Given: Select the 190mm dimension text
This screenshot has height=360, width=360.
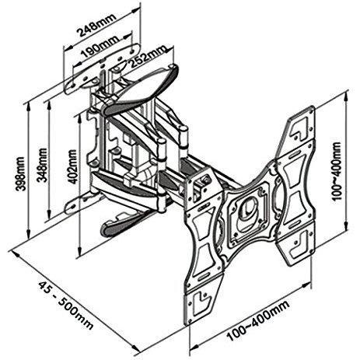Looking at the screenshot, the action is pos(100,47).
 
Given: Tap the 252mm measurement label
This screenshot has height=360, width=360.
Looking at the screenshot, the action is pos(148,57).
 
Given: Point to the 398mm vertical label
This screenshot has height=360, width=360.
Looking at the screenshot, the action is pos(20,173).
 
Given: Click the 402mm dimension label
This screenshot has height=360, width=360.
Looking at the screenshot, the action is pos(72,166).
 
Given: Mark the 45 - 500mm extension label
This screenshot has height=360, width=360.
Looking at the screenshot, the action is pos(65,306).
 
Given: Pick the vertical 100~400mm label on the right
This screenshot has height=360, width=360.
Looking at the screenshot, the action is pos(337,170).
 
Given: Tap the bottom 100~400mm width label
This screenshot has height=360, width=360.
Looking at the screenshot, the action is pos(258,320).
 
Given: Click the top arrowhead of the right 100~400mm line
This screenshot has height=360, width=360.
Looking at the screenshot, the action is pos(346,96).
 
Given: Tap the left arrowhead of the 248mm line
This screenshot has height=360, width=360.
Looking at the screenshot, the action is pos(68,48).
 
